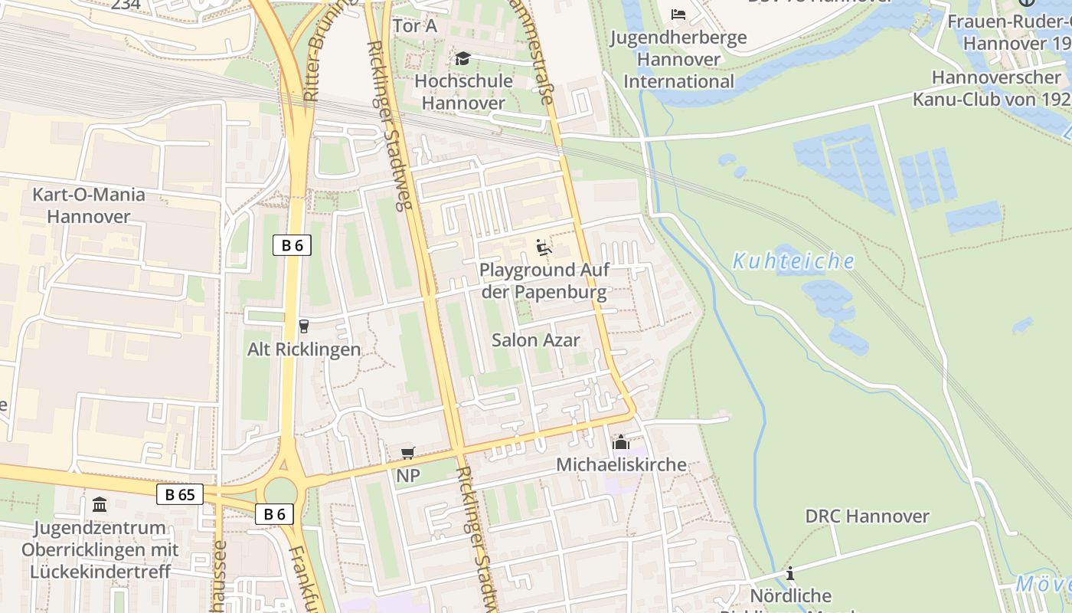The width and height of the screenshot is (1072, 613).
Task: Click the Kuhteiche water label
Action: pyautogui.click(x=793, y=262)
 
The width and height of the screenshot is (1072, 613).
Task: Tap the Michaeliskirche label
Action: pyautogui.click(x=621, y=465)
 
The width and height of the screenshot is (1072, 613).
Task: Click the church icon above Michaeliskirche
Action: pyautogui.click(x=620, y=443)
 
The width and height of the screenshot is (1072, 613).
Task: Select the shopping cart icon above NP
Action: pyautogui.click(x=408, y=454)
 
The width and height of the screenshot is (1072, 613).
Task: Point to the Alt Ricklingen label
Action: pyautogui.click(x=304, y=349)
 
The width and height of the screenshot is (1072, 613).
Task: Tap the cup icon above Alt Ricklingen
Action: pyautogui.click(x=304, y=326)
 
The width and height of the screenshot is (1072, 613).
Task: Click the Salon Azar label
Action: pyautogui.click(x=536, y=339)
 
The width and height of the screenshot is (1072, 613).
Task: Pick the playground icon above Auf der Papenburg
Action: pyautogui.click(x=544, y=247)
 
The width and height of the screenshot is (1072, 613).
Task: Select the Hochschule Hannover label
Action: pyautogui.click(x=459, y=92)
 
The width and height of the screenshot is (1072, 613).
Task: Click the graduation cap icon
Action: pyautogui.click(x=462, y=59)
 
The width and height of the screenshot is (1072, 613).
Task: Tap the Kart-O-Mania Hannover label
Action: pyautogui.click(x=89, y=205)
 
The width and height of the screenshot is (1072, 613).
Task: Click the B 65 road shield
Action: pyautogui.click(x=180, y=494)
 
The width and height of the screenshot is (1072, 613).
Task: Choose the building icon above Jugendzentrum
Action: pyautogui.click(x=100, y=505)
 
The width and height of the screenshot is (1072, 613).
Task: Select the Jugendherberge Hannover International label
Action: pyautogui.click(x=678, y=59)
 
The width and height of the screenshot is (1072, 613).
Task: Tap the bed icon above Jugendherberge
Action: pyautogui.click(x=678, y=15)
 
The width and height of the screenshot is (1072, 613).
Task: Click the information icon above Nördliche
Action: pyautogui.click(x=790, y=573)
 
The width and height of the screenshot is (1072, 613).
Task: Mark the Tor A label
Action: pyautogui.click(x=414, y=26)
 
